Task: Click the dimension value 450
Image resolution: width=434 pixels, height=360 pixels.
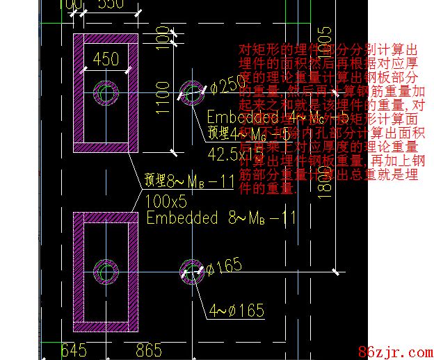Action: tap(105, 60)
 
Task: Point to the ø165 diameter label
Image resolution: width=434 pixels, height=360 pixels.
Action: tap(223, 266)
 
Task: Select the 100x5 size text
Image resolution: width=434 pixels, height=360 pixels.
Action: tap(166, 202)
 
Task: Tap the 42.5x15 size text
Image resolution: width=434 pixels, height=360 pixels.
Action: tap(236, 152)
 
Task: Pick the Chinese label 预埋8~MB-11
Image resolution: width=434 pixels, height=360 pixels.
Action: tap(188, 182)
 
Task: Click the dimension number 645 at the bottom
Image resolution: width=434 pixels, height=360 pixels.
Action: tap(73, 350)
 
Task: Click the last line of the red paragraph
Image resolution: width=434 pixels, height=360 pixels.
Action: tap(268, 188)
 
